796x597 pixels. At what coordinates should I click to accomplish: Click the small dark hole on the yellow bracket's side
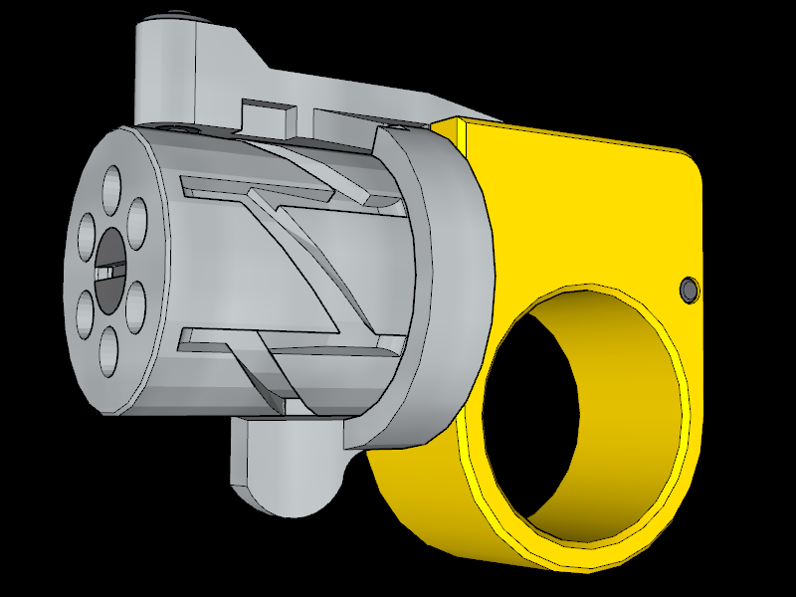tap(688, 290)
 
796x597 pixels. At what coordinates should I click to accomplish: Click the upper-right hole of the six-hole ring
tap(137, 215)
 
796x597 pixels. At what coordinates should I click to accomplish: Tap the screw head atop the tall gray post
tap(177, 14)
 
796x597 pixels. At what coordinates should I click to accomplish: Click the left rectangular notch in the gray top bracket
tap(270, 113)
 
